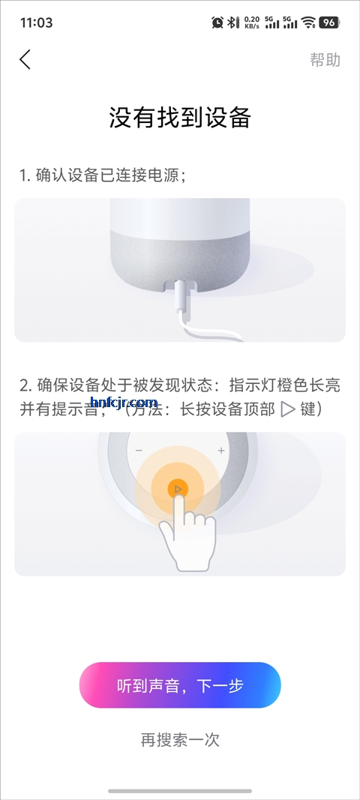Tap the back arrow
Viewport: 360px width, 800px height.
pyautogui.click(x=25, y=60)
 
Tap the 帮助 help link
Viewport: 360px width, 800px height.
pyautogui.click(x=325, y=60)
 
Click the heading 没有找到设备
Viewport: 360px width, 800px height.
pyautogui.click(x=180, y=118)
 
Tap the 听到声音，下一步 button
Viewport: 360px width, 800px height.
pyautogui.click(x=180, y=685)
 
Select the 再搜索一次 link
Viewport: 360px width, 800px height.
pyautogui.click(x=180, y=739)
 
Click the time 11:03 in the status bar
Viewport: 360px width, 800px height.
pyautogui.click(x=37, y=22)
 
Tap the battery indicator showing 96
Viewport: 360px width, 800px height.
pyautogui.click(x=328, y=22)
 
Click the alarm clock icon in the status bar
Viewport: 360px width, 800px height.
pyautogui.click(x=217, y=22)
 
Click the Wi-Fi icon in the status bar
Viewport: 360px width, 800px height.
pyautogui.click(x=308, y=22)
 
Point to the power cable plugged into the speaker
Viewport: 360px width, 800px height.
pyautogui.click(x=181, y=307)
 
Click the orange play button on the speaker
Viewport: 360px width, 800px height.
pyautogui.click(x=177, y=490)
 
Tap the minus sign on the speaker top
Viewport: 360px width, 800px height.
pyautogui.click(x=139, y=451)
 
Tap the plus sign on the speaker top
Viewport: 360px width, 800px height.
pyautogui.click(x=221, y=451)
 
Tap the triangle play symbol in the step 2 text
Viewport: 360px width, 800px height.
pyautogui.click(x=287, y=409)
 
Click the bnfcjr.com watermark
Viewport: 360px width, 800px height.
pyautogui.click(x=123, y=403)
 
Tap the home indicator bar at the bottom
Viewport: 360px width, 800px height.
pyautogui.click(x=180, y=790)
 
